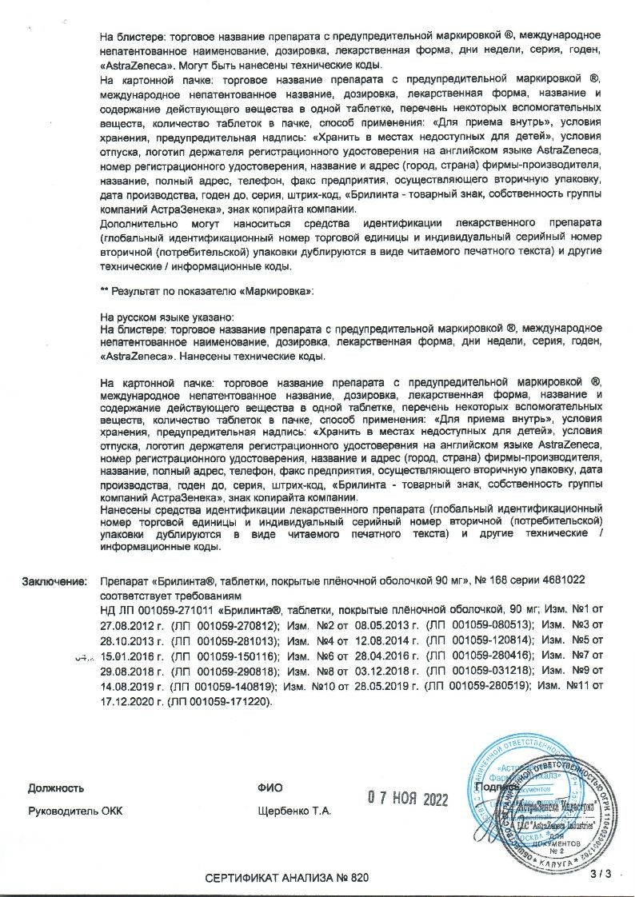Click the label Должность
[x=56, y=787]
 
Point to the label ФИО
[x=270, y=787]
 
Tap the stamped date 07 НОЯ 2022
[x=409, y=798]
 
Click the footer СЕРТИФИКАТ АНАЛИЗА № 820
[x=288, y=878]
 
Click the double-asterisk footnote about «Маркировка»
[x=208, y=292]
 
